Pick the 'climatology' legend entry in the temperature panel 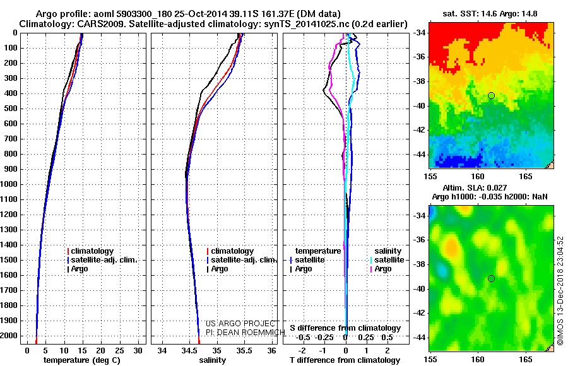click(93, 251)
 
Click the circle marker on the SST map click(491, 95)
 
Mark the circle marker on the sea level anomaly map click(491, 278)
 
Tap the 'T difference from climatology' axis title click(343, 360)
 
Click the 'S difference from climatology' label click(345, 328)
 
